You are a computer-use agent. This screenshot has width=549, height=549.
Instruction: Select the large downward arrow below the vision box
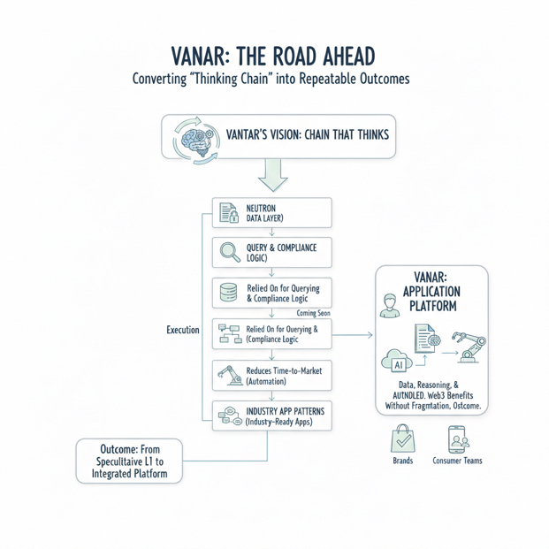pos(273,175)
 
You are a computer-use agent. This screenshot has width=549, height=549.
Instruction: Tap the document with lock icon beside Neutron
pos(229,212)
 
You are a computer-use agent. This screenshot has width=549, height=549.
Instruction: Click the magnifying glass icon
pos(230,252)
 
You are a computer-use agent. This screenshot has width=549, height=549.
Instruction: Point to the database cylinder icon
pos(228,293)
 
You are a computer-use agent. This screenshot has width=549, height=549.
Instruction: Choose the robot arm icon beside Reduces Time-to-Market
pos(230,376)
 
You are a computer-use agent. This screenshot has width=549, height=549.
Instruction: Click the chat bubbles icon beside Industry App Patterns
pos(230,416)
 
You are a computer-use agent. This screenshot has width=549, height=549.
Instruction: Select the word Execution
pos(183,330)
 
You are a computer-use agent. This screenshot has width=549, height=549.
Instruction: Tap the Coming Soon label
pos(313,313)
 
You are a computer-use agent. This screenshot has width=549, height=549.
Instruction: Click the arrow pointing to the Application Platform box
pos(352,335)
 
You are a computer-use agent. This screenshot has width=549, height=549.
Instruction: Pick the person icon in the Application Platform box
pos(390,306)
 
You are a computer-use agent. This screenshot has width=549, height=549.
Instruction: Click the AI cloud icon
pos(397,361)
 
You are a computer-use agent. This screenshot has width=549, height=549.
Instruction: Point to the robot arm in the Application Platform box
pos(469,347)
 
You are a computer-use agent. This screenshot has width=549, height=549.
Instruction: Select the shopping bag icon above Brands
pos(402,438)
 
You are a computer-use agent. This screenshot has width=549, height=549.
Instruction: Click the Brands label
pos(402,461)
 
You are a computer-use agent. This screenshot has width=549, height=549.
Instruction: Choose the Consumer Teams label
pos(457,461)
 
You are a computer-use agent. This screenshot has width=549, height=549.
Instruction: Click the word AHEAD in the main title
pos(348,57)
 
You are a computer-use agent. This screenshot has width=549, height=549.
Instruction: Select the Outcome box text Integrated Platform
pos(130,474)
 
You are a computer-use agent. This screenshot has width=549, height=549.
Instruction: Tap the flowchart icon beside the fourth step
pos(230,333)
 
